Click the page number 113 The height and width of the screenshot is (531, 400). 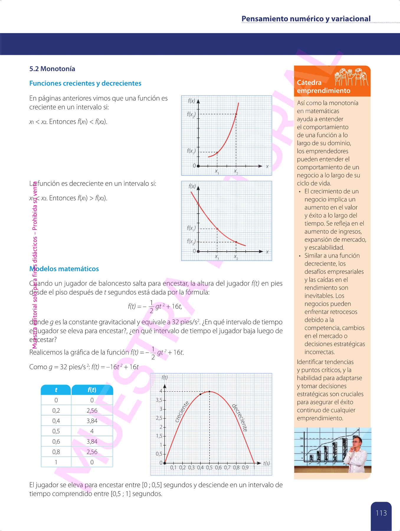tap(381, 513)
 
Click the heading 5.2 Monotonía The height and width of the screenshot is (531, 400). tap(52, 69)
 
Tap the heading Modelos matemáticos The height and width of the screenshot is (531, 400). tap(64, 269)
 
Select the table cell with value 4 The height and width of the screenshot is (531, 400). tap(92, 431)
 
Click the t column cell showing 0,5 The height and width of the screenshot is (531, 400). tap(56, 431)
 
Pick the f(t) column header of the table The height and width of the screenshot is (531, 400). tap(92, 390)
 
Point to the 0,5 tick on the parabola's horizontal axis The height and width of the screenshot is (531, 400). tap(209, 467)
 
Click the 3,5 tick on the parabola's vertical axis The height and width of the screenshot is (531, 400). tap(159, 400)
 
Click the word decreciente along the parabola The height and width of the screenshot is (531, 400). tap(240, 418)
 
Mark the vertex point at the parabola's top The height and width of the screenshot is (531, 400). tap(209, 391)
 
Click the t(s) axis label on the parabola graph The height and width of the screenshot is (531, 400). tap(266, 463)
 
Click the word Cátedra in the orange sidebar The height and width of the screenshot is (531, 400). tap(309, 83)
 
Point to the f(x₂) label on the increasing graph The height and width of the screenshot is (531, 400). tap(191, 114)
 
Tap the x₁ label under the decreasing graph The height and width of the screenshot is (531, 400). tap(217, 257)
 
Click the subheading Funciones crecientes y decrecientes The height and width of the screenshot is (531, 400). tap(85, 83)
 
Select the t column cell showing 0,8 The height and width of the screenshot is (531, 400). tap(56, 452)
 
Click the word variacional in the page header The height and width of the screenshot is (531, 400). tap(351, 19)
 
